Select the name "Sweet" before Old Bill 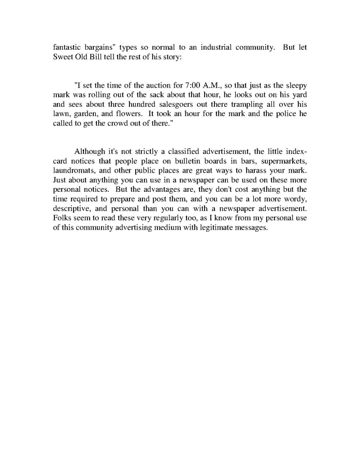64,56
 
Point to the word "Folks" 64,217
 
